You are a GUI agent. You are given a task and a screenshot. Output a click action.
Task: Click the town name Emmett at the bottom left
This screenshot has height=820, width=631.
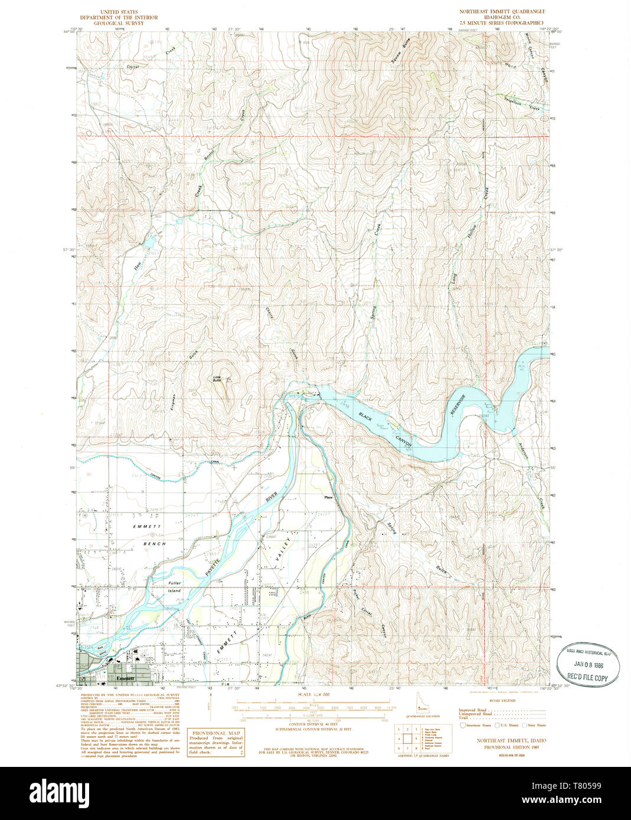[125, 678]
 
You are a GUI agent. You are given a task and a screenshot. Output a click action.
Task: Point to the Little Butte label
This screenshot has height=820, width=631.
[217, 380]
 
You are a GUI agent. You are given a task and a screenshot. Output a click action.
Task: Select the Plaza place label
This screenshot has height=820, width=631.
[329, 497]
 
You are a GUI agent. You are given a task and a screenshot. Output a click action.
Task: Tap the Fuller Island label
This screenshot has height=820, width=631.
[174, 586]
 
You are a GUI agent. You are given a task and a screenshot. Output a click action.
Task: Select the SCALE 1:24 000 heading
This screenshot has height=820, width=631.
[315, 694]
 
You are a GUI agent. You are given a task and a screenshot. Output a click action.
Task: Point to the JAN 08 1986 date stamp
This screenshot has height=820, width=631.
[588, 664]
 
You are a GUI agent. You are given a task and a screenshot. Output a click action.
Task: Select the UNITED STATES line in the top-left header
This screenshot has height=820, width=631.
[120, 11]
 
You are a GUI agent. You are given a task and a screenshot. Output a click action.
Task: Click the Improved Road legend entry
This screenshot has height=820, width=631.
[473, 710]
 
